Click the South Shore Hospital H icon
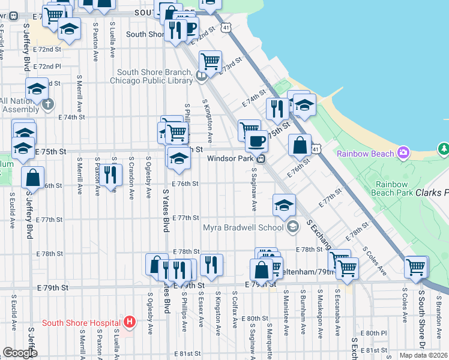point(128,323)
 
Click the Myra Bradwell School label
point(243,227)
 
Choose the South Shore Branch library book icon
point(202,75)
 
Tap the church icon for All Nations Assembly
point(48,105)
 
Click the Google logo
point(20,352)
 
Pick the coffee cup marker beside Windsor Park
point(256,141)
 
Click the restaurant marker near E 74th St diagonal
point(277,109)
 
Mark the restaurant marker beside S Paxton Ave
point(110,175)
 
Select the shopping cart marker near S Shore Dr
point(416,266)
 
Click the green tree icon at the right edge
point(444,148)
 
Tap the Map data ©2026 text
point(424,355)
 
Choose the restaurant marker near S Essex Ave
point(211,264)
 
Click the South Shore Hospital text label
point(81,323)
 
